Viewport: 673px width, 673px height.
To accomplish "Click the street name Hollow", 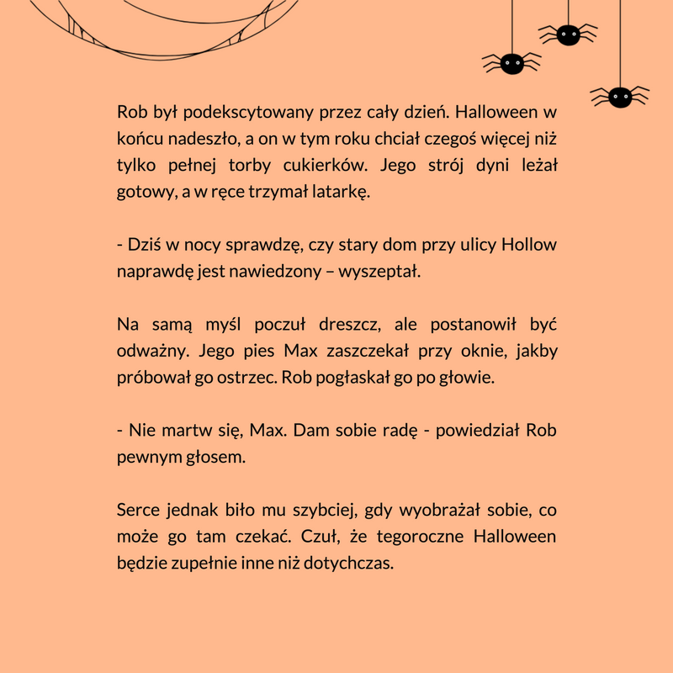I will coord(529,246).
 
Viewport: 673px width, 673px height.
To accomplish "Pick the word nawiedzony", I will coord(277,273).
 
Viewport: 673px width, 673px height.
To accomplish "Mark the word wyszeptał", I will coord(384,273).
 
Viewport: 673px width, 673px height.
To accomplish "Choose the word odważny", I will coord(149,352).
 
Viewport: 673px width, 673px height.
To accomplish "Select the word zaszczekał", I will coord(366,352).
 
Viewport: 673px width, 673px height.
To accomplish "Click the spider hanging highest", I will coord(568,34).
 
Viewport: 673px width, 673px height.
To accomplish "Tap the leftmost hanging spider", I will coord(511,62).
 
